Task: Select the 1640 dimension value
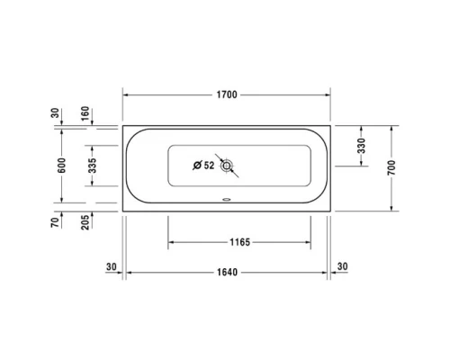click(x=227, y=273)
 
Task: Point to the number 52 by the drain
click(x=209, y=166)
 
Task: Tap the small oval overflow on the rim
click(x=226, y=202)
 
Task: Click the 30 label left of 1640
click(x=112, y=266)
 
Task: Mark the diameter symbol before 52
click(x=196, y=166)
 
